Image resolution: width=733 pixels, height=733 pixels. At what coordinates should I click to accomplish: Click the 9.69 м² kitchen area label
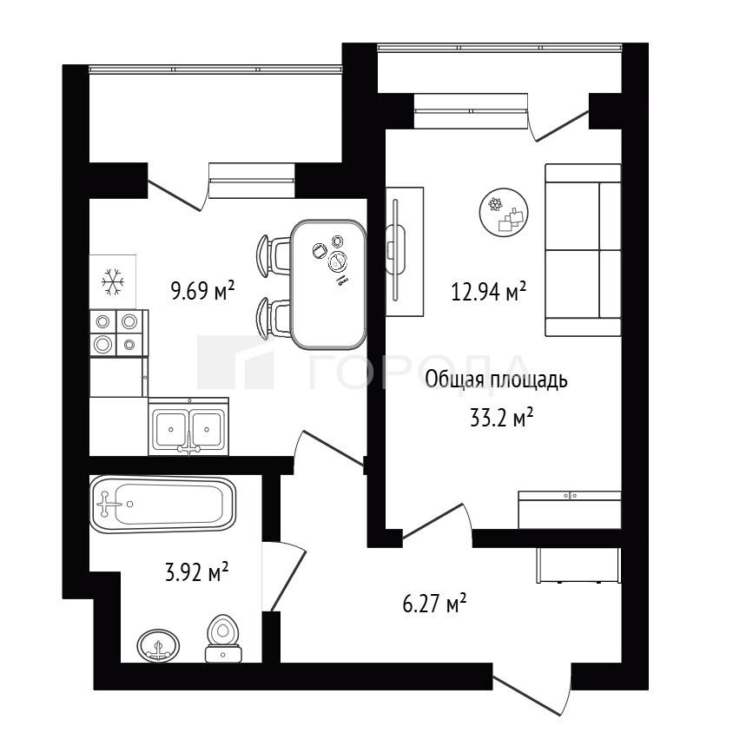tap(202, 290)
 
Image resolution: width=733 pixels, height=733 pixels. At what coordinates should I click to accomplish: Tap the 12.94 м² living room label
tap(488, 291)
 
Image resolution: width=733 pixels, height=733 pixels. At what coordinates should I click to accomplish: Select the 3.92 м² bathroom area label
tap(197, 571)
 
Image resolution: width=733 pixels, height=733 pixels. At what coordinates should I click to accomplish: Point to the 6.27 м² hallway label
tap(434, 603)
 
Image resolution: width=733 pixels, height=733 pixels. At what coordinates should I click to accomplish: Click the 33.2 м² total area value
tap(502, 418)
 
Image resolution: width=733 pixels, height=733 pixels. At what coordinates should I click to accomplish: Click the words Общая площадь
tap(496, 380)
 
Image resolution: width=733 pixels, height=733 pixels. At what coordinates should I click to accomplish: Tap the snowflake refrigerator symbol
tap(113, 282)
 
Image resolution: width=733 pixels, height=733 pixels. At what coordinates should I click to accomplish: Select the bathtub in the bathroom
tap(162, 504)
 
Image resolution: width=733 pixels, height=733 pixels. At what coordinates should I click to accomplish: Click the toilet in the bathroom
tap(223, 638)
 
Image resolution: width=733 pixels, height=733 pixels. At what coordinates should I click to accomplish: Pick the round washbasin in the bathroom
tap(158, 645)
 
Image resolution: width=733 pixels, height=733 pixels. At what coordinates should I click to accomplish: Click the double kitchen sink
tap(188, 426)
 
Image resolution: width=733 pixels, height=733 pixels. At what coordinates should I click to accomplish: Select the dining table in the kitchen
tap(328, 284)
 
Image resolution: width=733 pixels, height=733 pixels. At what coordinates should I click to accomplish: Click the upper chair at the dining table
tap(274, 254)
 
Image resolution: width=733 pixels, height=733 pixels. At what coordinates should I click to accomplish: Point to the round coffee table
tap(504, 212)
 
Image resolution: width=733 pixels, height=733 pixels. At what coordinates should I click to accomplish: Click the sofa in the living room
tap(583, 249)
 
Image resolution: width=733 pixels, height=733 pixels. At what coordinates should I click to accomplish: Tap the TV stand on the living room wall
tap(405, 252)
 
